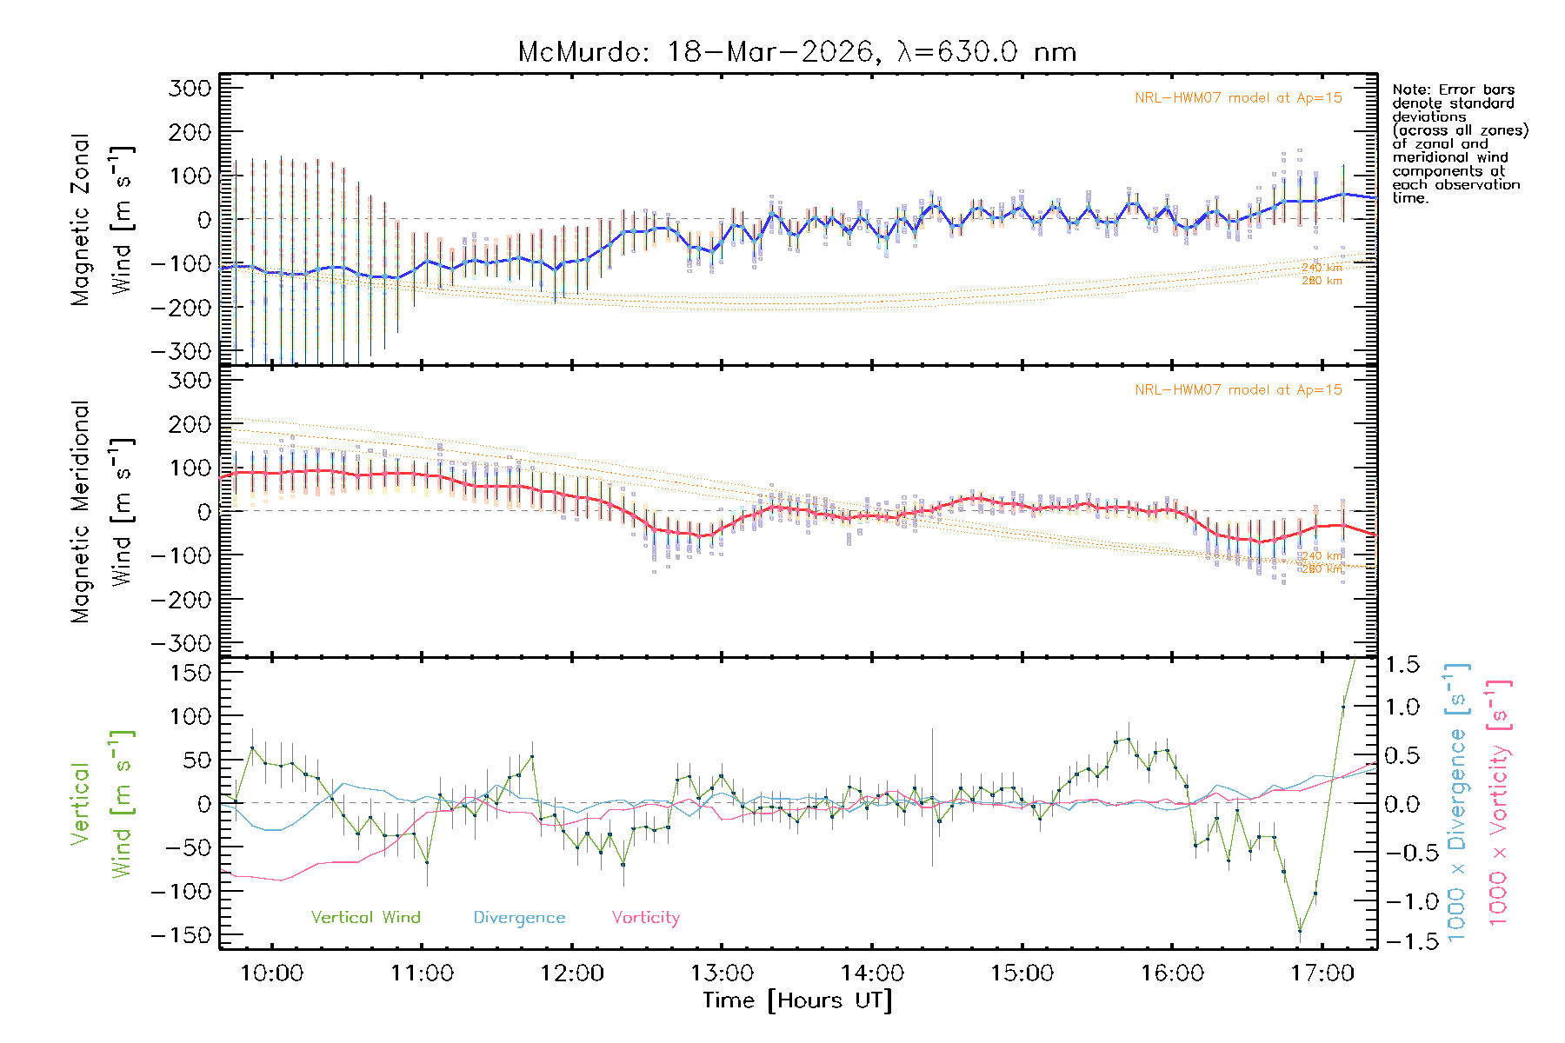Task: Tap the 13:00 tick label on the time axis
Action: click(x=722, y=973)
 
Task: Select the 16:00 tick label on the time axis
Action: click(x=1172, y=973)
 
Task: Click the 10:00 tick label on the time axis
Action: click(x=271, y=973)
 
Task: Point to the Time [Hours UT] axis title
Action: click(x=797, y=1000)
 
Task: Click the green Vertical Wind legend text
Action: click(x=365, y=918)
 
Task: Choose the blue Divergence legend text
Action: click(x=519, y=918)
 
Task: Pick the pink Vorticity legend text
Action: click(x=645, y=918)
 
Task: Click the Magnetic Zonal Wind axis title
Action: click(x=103, y=219)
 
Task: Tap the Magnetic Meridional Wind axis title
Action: click(x=103, y=512)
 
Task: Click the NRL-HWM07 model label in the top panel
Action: click(x=1238, y=98)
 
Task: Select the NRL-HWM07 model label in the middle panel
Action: click(x=1238, y=390)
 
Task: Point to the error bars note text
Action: click(x=1459, y=143)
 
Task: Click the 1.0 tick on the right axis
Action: click(x=1402, y=707)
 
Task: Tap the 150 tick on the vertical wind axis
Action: click(x=191, y=673)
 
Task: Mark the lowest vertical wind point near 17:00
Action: click(x=1300, y=931)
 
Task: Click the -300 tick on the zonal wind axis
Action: click(x=181, y=351)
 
